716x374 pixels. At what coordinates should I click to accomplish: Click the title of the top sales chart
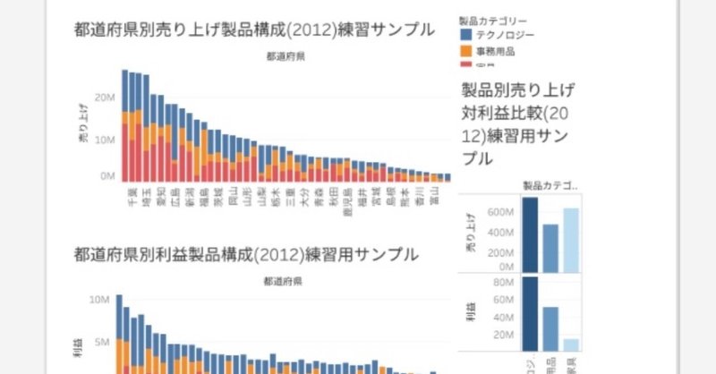(254, 29)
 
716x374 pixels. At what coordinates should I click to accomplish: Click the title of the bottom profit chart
(246, 254)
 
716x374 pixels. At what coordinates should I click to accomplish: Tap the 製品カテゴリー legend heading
(491, 19)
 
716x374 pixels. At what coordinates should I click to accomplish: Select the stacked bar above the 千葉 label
(129, 125)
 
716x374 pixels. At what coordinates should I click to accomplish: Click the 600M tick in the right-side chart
(499, 212)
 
